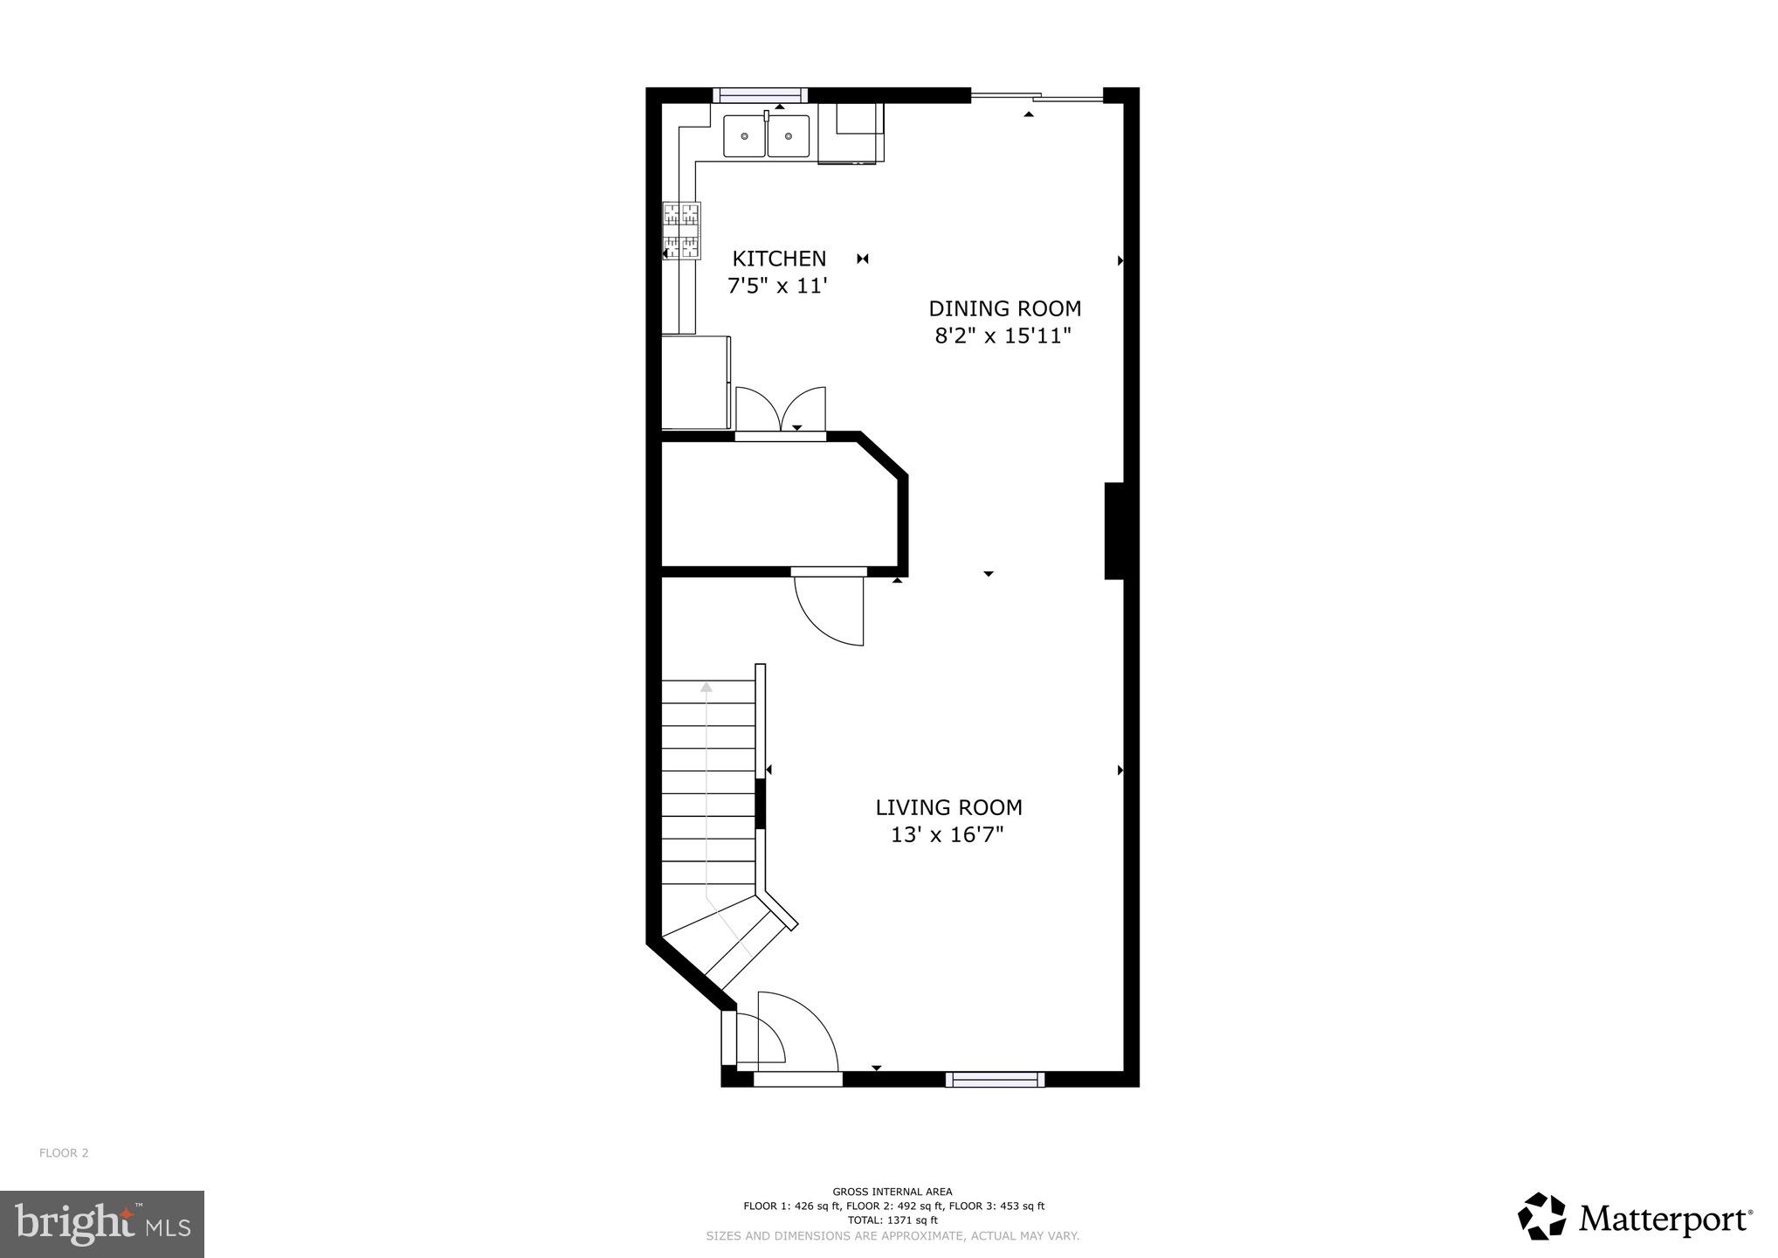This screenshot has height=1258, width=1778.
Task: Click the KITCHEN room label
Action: click(x=779, y=259)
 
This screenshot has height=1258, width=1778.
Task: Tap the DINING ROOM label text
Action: click(x=1004, y=308)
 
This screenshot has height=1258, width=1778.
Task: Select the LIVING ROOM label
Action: click(x=948, y=807)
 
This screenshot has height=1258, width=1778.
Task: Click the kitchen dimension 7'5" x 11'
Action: click(x=777, y=286)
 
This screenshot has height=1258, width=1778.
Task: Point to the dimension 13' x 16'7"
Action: click(x=947, y=835)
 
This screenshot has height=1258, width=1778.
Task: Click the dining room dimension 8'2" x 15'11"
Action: click(x=1003, y=336)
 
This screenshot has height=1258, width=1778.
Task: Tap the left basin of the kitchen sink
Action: click(x=745, y=136)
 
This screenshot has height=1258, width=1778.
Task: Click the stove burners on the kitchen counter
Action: click(x=682, y=231)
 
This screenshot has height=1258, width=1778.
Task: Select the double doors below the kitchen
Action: click(x=780, y=410)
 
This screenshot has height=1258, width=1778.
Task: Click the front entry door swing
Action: click(x=796, y=1035)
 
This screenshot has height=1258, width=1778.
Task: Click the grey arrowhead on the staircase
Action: click(x=706, y=688)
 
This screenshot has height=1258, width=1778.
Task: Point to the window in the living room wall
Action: click(x=995, y=1079)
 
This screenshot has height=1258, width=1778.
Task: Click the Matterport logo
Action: click(x=1634, y=1217)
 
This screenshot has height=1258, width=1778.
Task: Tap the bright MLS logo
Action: click(x=102, y=1224)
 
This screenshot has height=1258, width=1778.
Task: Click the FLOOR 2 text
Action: click(x=64, y=1153)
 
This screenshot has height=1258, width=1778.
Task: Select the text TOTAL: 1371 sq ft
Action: click(x=892, y=1220)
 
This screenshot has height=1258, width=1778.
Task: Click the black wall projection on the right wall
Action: click(x=1113, y=530)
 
